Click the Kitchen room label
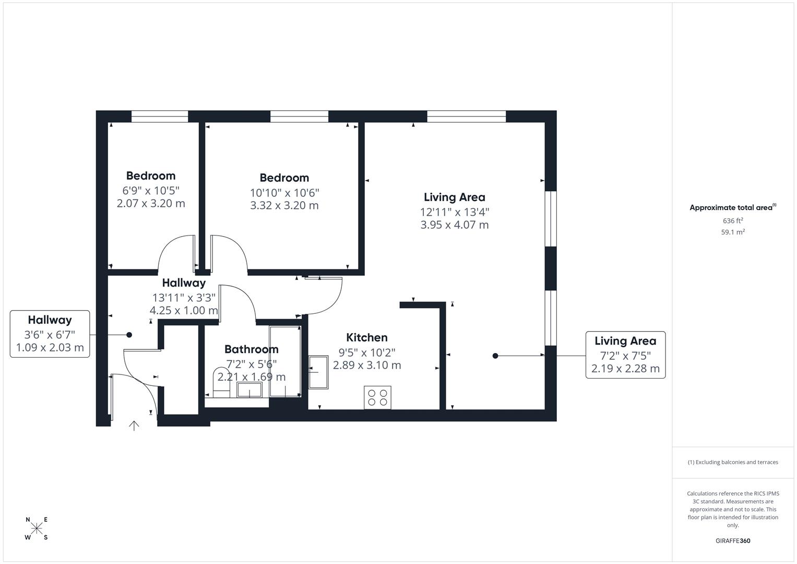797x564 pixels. (x=367, y=337)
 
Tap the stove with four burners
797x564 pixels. (x=377, y=397)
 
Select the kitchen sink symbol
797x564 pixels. (x=318, y=372)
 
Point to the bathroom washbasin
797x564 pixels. (x=249, y=390)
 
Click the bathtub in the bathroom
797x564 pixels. (x=285, y=361)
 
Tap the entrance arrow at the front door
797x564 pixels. (x=134, y=426)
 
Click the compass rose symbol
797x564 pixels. (x=37, y=528)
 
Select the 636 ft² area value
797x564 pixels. (x=733, y=221)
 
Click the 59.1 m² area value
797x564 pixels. (x=733, y=232)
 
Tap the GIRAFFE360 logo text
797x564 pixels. (x=733, y=540)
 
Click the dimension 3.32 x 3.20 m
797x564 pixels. (x=284, y=205)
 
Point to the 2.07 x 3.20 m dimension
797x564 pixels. (x=151, y=203)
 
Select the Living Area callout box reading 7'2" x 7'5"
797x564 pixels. (x=625, y=355)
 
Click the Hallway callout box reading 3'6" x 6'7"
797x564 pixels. (x=50, y=334)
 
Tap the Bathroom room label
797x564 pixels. (x=252, y=349)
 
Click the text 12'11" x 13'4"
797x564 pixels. (x=455, y=212)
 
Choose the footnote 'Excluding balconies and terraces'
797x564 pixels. (x=733, y=462)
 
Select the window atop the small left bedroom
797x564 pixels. (x=160, y=116)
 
